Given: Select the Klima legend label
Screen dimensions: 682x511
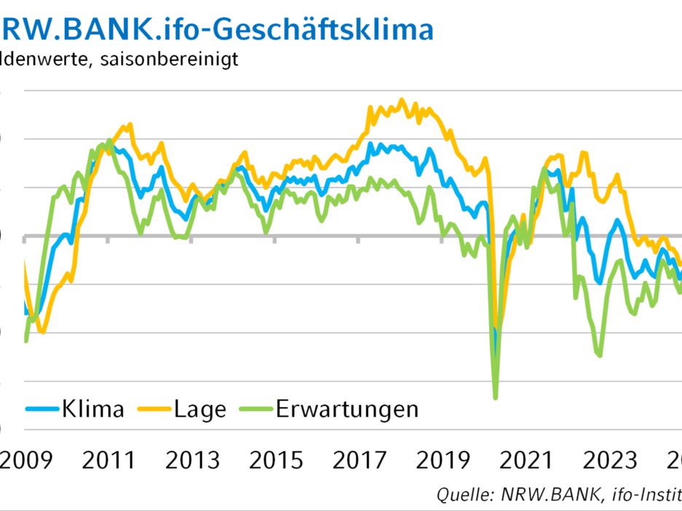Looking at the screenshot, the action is coord(93,409).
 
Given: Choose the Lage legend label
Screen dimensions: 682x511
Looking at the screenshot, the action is coord(200,409).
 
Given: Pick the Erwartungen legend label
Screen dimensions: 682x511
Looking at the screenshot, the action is coord(348,409).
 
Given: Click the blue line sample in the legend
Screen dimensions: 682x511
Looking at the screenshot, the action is coord(42,409).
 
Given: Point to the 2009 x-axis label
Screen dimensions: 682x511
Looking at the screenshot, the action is coord(24,461).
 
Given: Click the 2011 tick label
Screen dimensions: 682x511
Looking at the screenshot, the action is coord(108,461).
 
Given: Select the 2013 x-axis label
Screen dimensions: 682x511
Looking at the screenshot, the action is coord(191,461).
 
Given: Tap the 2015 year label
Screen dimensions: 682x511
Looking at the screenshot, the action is coord(276,461).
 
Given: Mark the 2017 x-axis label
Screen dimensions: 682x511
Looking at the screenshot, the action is coord(360,461).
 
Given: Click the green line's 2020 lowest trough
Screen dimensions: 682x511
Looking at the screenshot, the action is coord(495,397).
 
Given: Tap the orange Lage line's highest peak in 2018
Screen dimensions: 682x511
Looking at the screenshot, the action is coord(401,100).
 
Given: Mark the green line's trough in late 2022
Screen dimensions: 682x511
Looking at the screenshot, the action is coord(600,355).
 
